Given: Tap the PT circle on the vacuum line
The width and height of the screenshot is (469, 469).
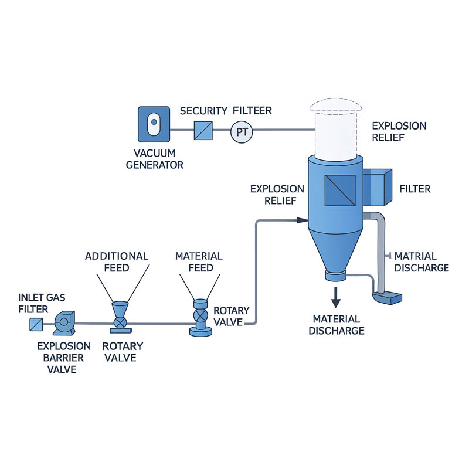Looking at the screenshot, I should point(241,132).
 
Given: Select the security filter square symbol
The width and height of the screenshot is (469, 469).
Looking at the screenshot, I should point(203,131).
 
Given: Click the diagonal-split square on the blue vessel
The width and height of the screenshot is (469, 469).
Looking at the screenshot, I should point(335,191).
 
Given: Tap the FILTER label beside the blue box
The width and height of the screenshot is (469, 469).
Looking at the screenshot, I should point(415,189).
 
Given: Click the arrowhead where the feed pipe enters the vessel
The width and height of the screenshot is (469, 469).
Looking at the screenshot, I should point(303,220).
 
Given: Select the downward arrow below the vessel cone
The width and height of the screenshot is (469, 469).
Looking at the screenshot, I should point(335,297).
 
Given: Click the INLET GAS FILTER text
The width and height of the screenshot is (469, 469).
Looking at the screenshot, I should point(39,303).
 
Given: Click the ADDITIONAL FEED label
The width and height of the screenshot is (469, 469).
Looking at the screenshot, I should point(117,262).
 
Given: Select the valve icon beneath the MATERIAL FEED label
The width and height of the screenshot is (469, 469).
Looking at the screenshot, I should point(200,318).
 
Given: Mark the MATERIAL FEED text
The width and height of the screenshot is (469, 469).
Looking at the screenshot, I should point(199,262).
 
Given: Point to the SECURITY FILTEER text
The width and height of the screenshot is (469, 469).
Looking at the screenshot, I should point(226,111).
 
